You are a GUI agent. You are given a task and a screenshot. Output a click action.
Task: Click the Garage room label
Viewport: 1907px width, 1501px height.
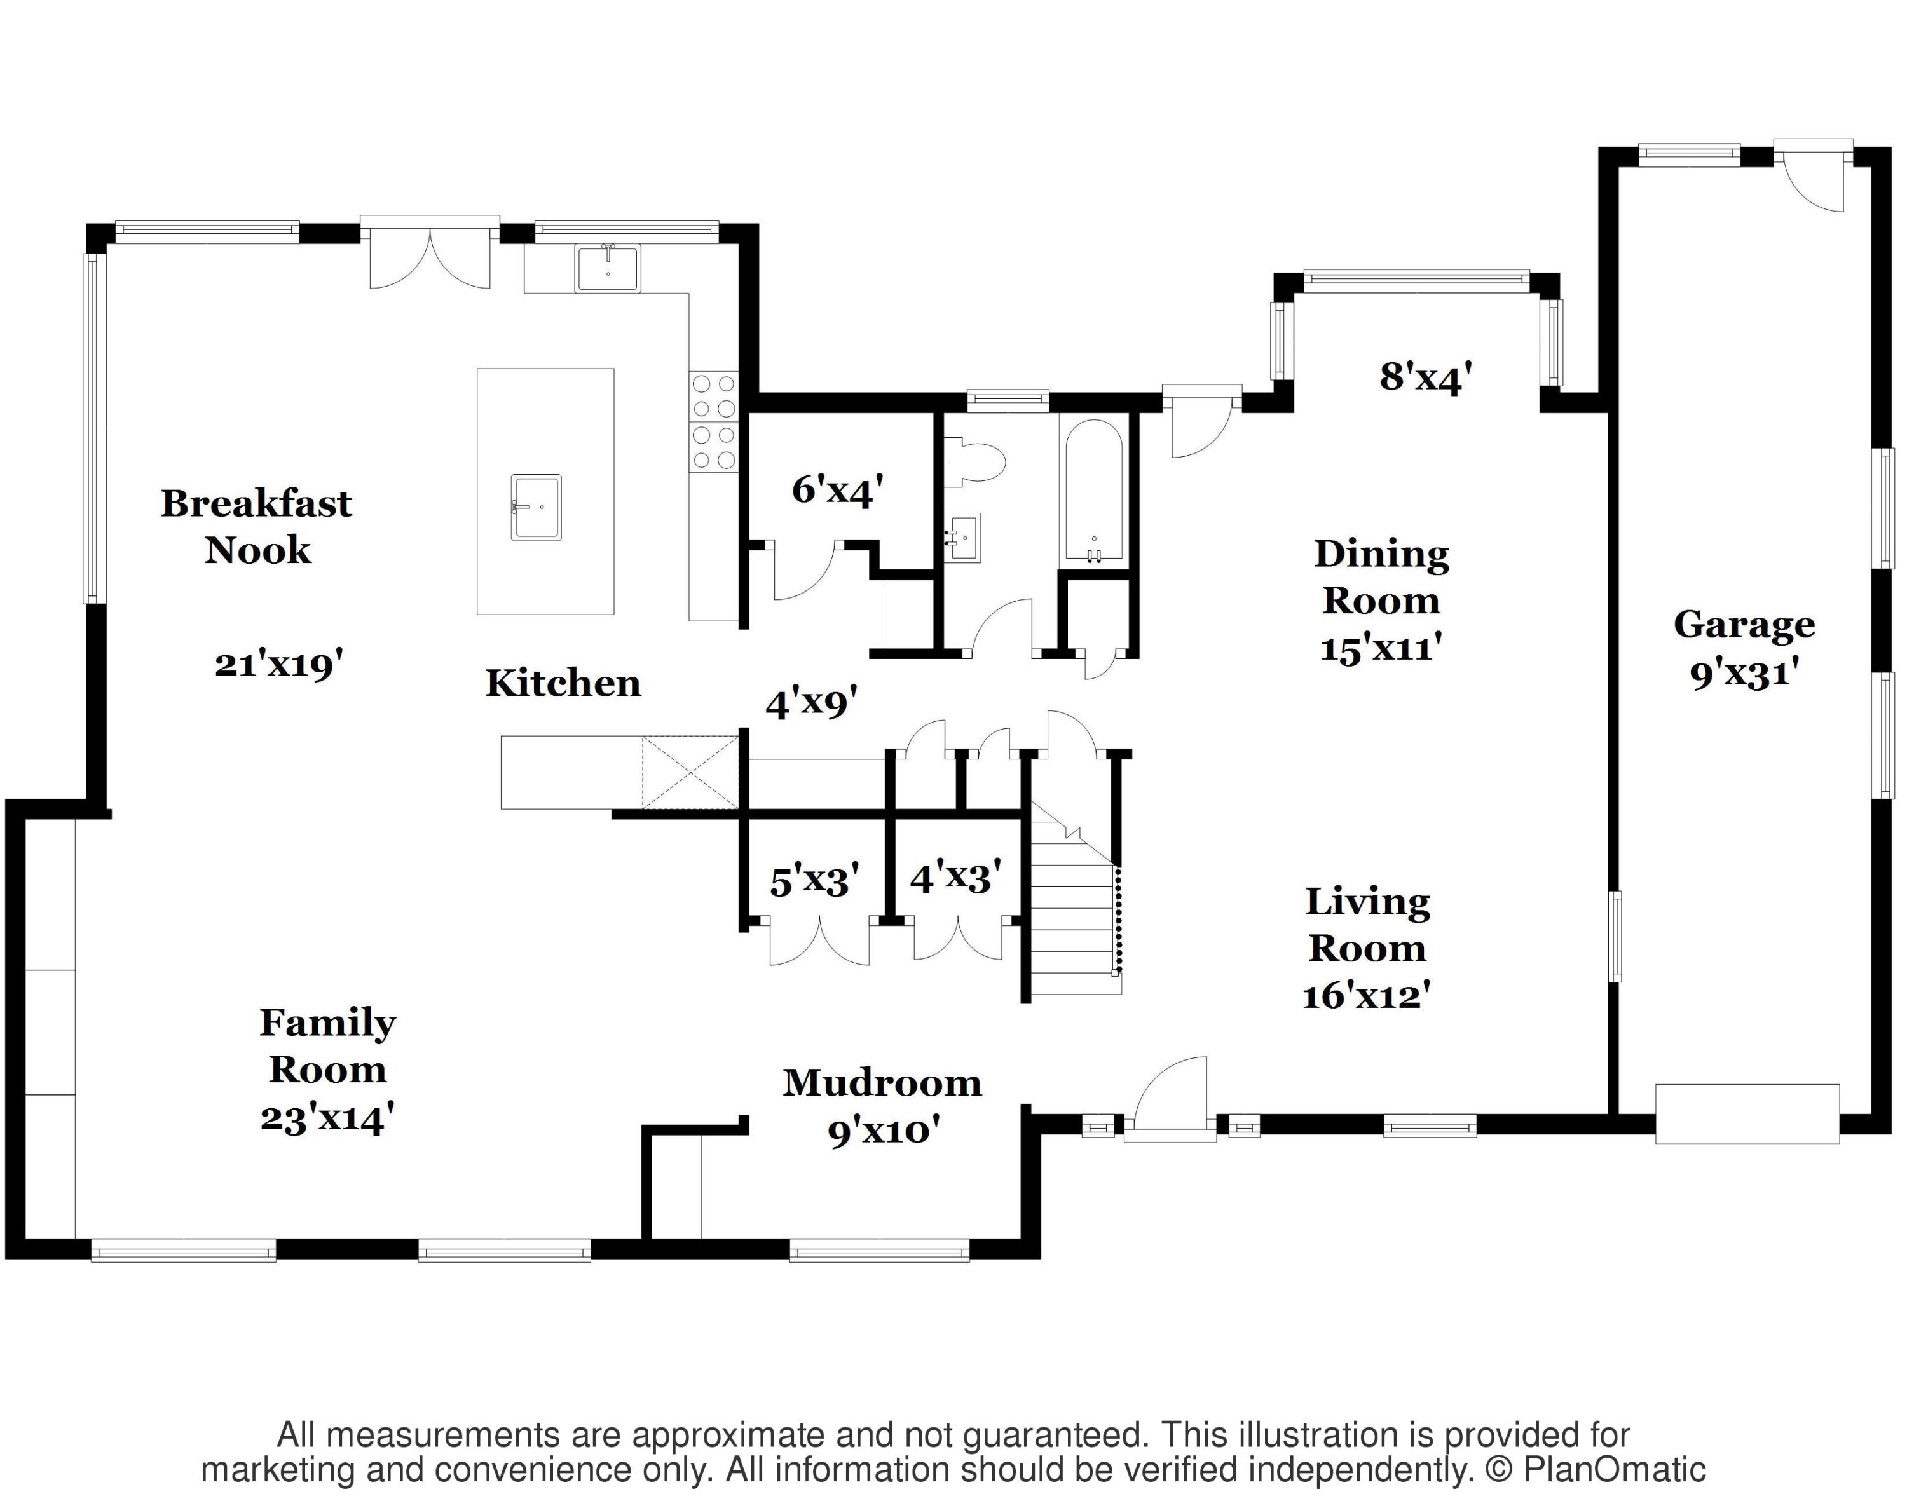[1744, 625]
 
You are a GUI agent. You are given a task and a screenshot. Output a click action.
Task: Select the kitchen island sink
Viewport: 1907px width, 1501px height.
[537, 507]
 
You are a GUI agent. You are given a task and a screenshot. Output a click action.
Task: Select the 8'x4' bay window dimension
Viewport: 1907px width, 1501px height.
[1426, 377]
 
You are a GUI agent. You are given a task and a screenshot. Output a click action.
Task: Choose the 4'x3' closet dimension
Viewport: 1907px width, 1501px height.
[955, 876]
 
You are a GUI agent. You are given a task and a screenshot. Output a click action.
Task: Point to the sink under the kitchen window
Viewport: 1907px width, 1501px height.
[608, 268]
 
